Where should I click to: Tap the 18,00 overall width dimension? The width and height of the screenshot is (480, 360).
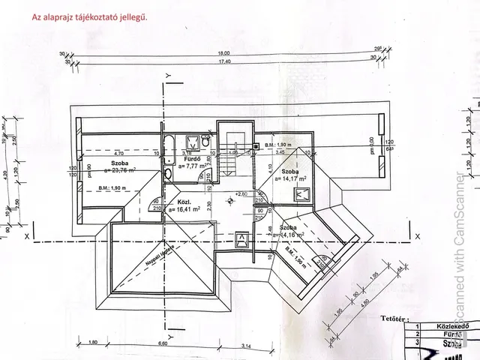tap(223, 54)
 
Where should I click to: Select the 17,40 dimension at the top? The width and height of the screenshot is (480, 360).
tap(223, 61)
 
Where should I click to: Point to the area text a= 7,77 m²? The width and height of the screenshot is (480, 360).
tap(197, 167)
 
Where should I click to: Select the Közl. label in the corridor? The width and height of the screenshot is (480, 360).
tap(184, 202)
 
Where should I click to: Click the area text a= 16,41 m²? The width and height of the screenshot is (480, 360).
tap(185, 211)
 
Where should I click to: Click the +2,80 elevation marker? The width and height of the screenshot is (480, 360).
tap(241, 194)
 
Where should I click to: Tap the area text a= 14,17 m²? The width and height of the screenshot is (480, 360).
tap(292, 178)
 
